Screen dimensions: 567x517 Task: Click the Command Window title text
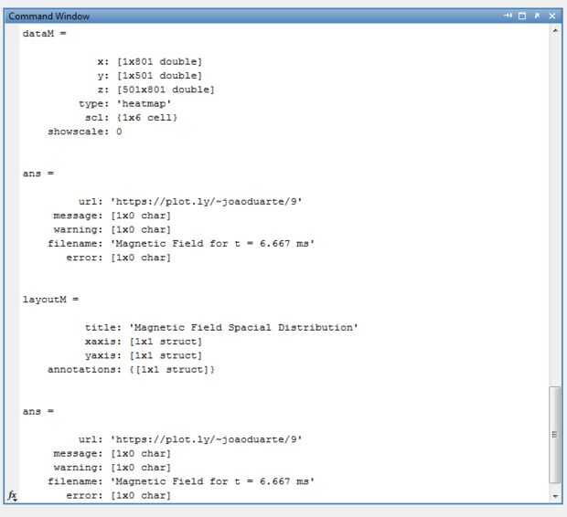[48, 16]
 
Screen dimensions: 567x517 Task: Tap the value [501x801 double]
[166, 90]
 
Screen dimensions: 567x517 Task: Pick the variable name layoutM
[44, 299]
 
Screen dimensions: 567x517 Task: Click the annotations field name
[75, 370]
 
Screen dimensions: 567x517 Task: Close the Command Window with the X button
[551, 16]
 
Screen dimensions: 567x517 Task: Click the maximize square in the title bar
[523, 16]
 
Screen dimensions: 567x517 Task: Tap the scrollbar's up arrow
[554, 31]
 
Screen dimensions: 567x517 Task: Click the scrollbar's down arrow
[554, 496]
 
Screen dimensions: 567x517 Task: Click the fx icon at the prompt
[13, 495]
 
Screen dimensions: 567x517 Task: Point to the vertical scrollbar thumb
[554, 434]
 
